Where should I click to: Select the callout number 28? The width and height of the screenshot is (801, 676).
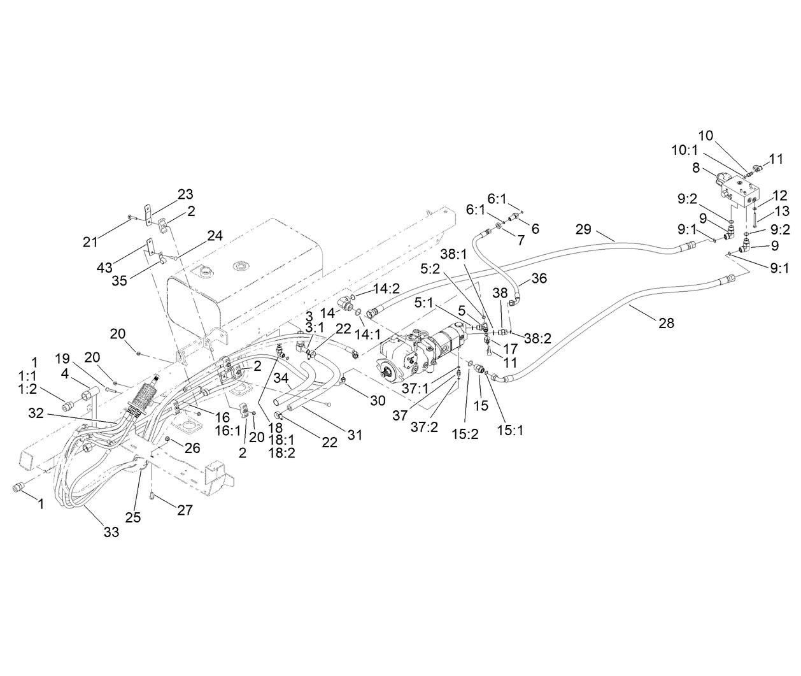pos(666,323)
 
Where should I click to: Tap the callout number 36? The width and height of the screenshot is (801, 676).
pos(539,278)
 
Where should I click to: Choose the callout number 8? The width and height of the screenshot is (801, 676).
pos(696,168)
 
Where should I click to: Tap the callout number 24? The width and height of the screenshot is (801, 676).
pos(215,236)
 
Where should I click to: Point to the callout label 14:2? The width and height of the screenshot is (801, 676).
pos(386,288)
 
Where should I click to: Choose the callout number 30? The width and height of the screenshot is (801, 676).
pos(378,400)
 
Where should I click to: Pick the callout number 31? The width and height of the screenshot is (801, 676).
pos(355,435)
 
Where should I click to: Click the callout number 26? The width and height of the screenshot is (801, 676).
pos(193,448)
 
